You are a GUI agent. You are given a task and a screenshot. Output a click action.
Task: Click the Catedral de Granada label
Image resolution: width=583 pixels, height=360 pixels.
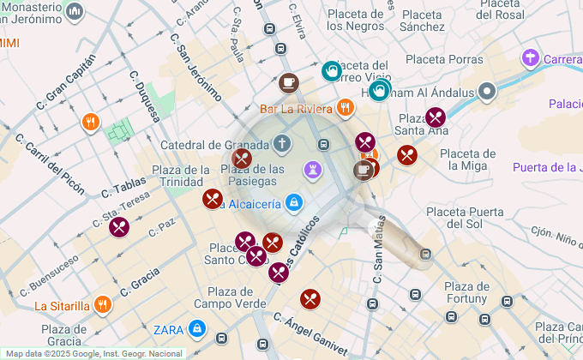pos(214,145)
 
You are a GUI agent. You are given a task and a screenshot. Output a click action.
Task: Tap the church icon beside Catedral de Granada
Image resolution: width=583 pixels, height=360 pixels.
pos(281,143)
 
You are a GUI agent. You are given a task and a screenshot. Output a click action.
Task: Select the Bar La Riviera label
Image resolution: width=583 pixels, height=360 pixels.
pos(297,109)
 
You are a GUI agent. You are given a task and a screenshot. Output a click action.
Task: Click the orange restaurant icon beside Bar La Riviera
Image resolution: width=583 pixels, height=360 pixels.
pos(346,107)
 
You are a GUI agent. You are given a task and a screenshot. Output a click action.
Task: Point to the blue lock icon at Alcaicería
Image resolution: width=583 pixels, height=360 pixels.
pos(293,203)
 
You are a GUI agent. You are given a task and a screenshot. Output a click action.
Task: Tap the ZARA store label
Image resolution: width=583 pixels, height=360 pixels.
pos(168,329)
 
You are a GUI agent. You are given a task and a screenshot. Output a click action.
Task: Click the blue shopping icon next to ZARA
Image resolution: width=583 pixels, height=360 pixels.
pos(197,328)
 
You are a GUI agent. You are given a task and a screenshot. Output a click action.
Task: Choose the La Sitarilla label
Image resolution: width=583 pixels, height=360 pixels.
pos(62,306)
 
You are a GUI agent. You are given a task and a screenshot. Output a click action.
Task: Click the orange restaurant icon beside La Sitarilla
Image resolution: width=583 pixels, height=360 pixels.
pos(103,304)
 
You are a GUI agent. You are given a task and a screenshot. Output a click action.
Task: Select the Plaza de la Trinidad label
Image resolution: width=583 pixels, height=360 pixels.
pos(180,175)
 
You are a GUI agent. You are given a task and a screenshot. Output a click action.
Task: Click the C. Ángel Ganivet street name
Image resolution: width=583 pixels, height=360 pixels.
pos(310,335)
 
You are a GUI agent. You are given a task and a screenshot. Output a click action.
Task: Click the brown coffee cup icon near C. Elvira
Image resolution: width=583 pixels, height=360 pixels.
pos(289,82)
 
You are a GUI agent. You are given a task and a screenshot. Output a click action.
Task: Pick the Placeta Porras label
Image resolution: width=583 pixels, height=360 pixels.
pos(444,59)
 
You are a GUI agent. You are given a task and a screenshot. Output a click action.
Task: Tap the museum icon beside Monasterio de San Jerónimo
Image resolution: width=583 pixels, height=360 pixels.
pos(75,11)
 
